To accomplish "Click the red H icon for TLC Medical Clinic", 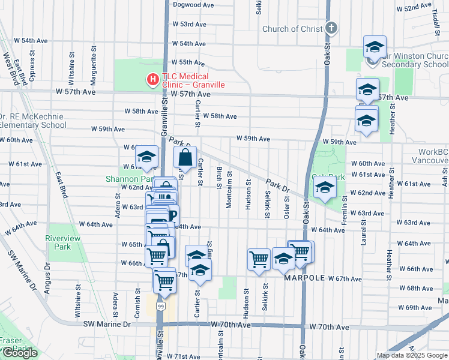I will [153, 79].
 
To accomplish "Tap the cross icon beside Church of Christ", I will [331, 28].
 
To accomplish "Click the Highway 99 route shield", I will [160, 306].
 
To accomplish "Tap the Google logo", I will [20, 353].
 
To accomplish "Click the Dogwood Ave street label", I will [193, 4].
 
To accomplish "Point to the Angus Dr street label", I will [47, 277].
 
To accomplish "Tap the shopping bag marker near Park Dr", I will [185, 158].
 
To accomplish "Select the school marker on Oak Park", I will [325, 188].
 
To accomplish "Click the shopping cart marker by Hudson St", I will [259, 260].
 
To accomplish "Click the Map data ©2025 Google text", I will [412, 355].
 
